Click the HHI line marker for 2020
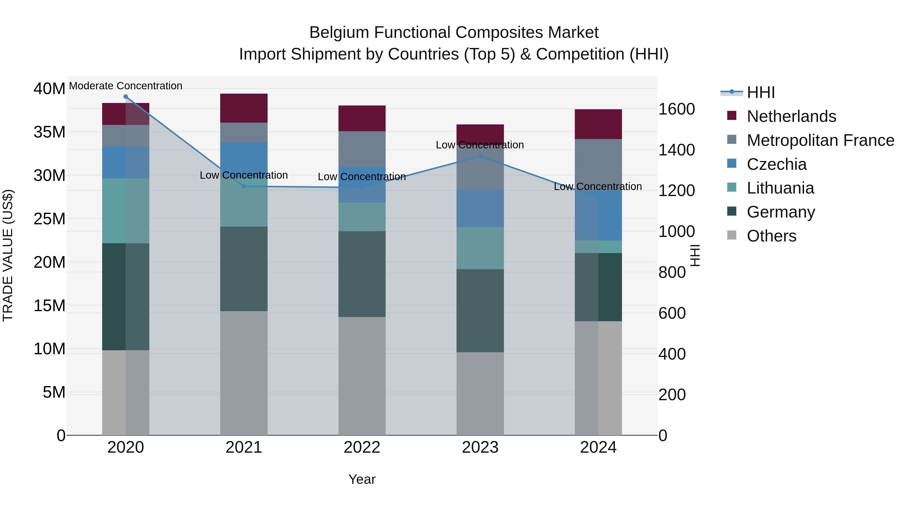tap(126, 97)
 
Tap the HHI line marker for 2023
tap(480, 156)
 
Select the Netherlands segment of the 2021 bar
tap(244, 108)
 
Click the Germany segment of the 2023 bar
tap(480, 310)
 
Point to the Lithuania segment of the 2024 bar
tap(598, 247)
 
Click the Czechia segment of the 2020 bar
tap(126, 162)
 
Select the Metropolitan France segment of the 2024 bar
tap(598, 164)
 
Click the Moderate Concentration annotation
tap(126, 86)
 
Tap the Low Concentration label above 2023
tap(480, 145)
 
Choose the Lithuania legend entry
tap(780, 188)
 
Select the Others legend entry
tap(771, 236)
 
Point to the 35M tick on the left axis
tap(49, 132)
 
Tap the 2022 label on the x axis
tap(362, 447)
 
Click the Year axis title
tap(362, 479)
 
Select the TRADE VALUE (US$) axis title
tap(8, 255)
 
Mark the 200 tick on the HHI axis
tap(672, 395)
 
